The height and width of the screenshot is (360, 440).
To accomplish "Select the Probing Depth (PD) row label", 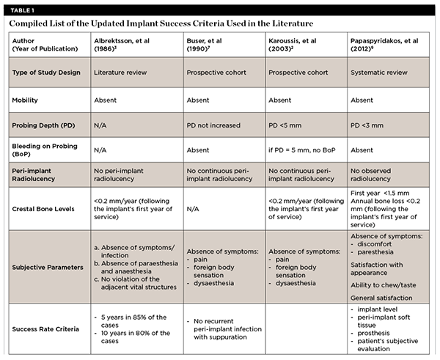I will point(48,125).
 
